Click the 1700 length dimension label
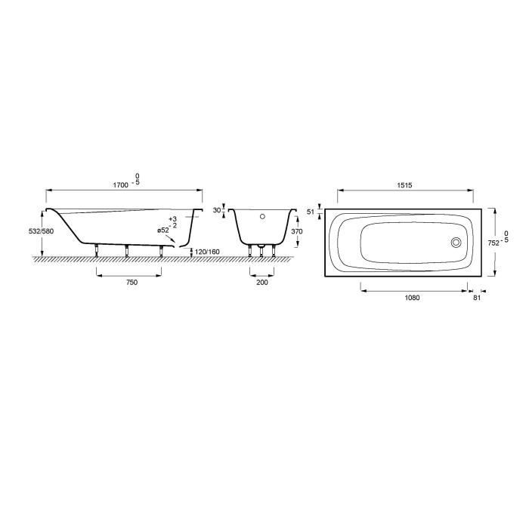120,185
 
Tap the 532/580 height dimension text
41,231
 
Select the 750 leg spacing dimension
132,282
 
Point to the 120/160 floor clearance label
207,252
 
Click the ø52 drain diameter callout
163,230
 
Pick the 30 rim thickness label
217,210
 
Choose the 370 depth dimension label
297,231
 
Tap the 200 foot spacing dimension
262,282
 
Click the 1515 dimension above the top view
404,185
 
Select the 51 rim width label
311,212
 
